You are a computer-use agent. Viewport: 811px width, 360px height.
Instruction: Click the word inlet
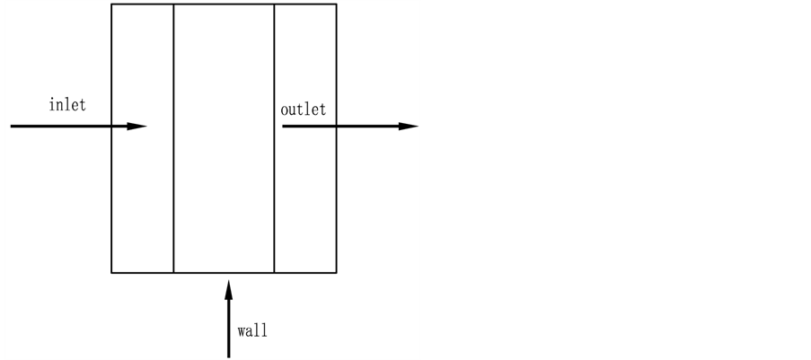click(67, 104)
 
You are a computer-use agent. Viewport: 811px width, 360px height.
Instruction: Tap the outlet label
click(303, 110)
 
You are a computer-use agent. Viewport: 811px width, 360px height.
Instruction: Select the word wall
click(252, 329)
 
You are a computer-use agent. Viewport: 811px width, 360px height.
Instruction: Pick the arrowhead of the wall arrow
click(228, 287)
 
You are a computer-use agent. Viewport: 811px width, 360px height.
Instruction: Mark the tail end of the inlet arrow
click(12, 127)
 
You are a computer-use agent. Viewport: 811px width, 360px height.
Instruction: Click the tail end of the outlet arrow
click(284, 127)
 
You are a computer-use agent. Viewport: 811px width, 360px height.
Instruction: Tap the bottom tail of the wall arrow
click(228, 356)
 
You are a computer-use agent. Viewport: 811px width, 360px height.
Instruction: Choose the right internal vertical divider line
click(274, 198)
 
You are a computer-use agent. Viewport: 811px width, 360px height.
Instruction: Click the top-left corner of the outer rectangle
click(111, 4)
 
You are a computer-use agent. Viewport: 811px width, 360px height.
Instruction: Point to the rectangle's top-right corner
click(337, 4)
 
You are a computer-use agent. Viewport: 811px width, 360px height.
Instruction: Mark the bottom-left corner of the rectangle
click(111, 272)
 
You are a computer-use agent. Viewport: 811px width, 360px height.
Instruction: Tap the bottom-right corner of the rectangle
click(337, 272)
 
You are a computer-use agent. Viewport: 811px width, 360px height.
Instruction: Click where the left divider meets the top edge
click(173, 4)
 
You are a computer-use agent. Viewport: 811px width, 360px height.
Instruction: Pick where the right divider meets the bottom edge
click(274, 272)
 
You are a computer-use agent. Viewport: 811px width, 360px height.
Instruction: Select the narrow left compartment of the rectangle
click(142, 198)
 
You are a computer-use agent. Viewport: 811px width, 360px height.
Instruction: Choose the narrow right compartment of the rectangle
click(305, 198)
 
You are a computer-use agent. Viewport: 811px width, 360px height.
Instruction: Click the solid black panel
click(617, 180)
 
